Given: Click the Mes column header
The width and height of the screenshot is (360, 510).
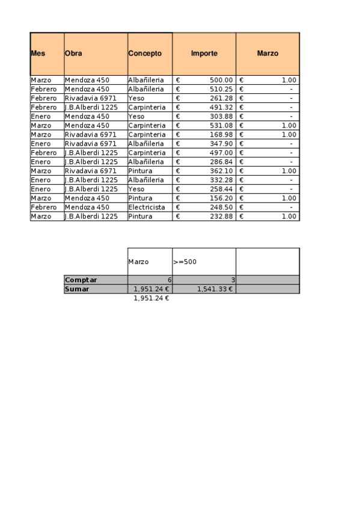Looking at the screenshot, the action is (38, 54).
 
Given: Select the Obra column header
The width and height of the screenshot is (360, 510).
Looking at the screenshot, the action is (73, 54).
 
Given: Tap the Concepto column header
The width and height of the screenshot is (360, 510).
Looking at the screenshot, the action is (145, 54).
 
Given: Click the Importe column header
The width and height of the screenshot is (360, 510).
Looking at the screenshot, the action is (204, 54).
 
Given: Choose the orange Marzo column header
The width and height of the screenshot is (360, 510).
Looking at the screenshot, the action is (267, 54).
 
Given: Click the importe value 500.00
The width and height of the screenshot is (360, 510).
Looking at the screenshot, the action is (221, 80).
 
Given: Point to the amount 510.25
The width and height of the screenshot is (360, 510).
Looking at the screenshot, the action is (221, 89).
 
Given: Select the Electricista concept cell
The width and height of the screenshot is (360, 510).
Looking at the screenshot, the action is (147, 207).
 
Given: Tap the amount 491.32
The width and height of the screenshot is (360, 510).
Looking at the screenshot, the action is (221, 107).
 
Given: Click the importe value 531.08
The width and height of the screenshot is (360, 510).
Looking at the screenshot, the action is (221, 126).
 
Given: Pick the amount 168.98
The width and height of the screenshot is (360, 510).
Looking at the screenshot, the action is (221, 135).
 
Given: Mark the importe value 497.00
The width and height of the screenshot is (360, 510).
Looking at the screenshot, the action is (221, 153).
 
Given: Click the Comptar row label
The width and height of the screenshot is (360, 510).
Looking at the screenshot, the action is (81, 280).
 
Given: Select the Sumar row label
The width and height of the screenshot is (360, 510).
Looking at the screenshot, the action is (77, 289).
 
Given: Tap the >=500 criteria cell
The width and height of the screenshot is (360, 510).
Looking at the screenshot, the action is (185, 262).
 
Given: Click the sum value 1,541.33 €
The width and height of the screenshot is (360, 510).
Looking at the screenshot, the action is (215, 289).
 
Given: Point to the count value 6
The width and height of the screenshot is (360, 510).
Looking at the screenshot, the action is (169, 280).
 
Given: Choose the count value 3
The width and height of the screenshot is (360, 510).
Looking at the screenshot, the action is (233, 280).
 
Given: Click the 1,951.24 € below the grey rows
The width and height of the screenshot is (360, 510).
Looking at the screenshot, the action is (151, 298).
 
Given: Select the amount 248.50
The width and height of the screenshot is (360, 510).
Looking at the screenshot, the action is (221, 207).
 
